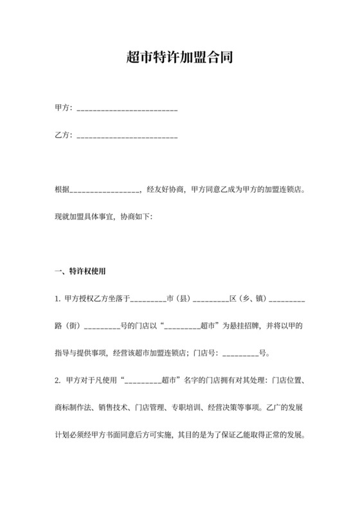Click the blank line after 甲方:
coord(127,110)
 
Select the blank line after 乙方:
coord(127,137)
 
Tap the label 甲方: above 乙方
coord(64,108)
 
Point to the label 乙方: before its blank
coord(64,136)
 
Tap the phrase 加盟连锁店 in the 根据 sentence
coord(281,190)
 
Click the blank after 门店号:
coord(240,354)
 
